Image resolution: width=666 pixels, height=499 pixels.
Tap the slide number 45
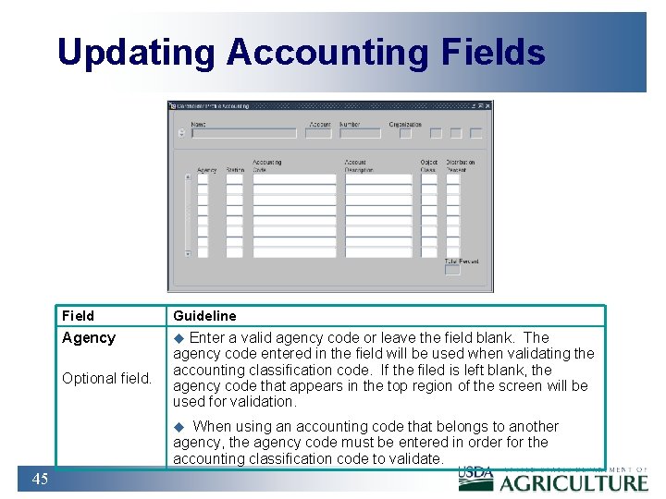click(x=40, y=478)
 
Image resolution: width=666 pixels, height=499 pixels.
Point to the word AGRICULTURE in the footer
click(x=573, y=481)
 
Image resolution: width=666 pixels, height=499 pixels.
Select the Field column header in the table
click(x=78, y=316)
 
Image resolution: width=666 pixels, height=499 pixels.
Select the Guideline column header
click(x=204, y=316)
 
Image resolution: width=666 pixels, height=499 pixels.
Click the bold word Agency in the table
click(x=89, y=338)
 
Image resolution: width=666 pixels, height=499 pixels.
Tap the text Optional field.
click(x=106, y=378)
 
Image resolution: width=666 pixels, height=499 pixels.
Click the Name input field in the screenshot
click(x=243, y=133)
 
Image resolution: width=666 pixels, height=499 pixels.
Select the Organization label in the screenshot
click(x=405, y=124)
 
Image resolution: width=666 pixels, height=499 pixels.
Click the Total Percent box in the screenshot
click(x=452, y=272)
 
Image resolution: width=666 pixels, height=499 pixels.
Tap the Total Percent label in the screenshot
click(x=462, y=262)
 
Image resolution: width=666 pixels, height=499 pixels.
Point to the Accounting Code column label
click(x=266, y=166)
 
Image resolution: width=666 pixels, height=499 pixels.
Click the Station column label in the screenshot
click(x=234, y=170)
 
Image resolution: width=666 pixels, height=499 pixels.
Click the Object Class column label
click(x=428, y=166)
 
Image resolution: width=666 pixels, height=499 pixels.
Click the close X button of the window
click(x=487, y=106)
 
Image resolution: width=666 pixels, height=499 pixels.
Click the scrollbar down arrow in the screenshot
click(x=188, y=253)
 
